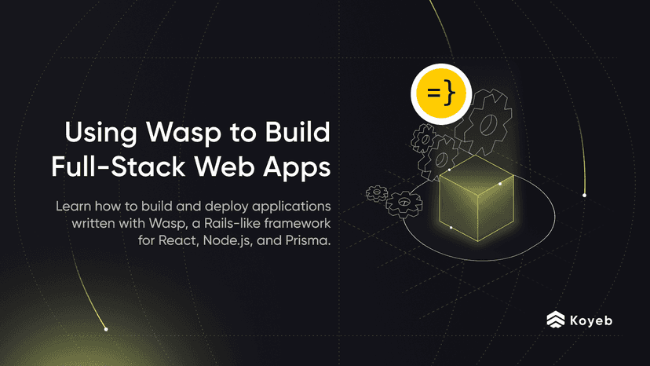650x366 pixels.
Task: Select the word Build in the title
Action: (298, 132)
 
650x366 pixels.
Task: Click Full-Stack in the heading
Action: (118, 167)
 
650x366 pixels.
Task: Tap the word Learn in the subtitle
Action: (73, 207)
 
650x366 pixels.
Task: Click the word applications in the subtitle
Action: (291, 207)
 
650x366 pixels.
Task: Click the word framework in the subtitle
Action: (298, 223)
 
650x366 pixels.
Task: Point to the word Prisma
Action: (308, 240)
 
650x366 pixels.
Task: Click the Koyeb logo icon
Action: (556, 320)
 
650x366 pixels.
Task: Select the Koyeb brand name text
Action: (591, 320)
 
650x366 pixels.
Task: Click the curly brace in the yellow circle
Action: (449, 92)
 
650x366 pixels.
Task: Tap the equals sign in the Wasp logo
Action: (433, 92)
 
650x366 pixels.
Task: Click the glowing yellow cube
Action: (477, 198)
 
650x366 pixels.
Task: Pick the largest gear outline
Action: (484, 123)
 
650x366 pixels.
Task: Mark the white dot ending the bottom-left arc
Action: (106, 329)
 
